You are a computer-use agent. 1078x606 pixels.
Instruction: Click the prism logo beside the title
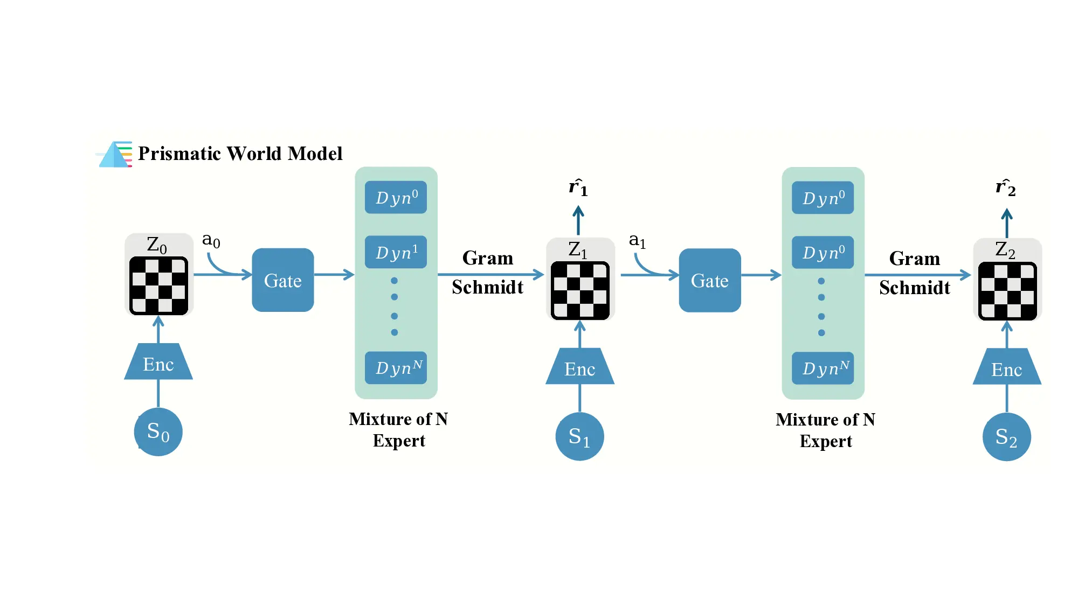[114, 155]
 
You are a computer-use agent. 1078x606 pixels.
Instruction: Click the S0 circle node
[158, 432]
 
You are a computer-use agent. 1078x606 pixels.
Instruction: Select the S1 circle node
[579, 436]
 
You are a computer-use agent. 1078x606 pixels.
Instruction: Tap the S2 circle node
[1006, 437]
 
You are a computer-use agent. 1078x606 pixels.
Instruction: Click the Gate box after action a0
[282, 280]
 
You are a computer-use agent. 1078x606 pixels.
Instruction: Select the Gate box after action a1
[709, 280]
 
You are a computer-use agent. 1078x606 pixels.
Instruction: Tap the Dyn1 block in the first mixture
[396, 252]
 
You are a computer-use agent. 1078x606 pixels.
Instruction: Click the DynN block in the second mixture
[823, 368]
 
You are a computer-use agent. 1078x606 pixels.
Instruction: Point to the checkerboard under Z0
[158, 285]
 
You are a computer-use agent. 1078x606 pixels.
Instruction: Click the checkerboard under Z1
[580, 290]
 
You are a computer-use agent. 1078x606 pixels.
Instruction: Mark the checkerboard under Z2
[1007, 291]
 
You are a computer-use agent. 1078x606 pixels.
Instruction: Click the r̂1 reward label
[578, 187]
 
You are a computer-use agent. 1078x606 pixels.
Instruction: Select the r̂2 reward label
[1005, 187]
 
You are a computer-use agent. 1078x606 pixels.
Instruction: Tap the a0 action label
[211, 240]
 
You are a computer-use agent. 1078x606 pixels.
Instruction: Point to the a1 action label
[637, 240]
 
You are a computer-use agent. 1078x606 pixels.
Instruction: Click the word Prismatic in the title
[179, 154]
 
